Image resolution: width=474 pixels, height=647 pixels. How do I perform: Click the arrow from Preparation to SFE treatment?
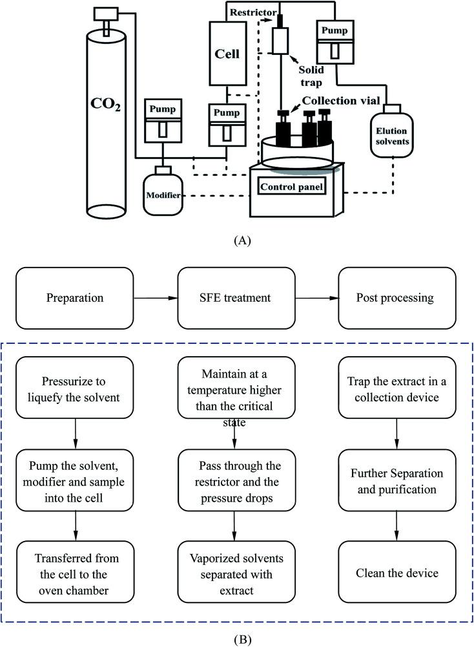154,299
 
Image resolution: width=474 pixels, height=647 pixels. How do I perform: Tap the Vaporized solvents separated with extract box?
236,574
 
